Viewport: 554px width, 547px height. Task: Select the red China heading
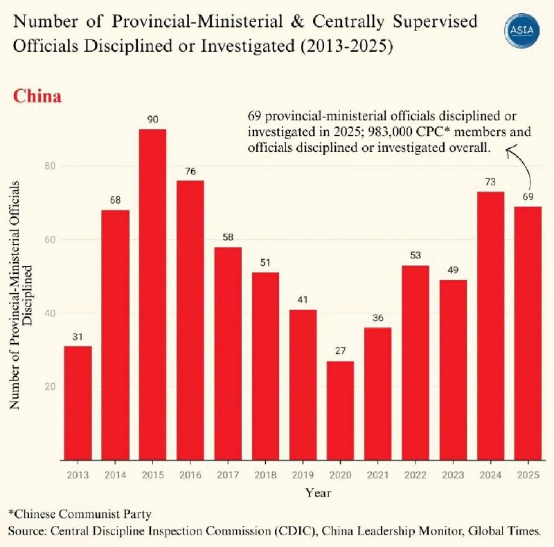click(37, 96)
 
